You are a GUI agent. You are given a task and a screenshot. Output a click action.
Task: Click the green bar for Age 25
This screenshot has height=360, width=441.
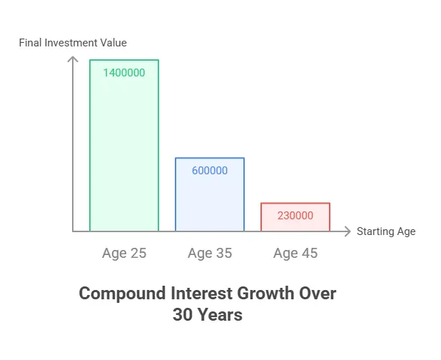coord(124,150)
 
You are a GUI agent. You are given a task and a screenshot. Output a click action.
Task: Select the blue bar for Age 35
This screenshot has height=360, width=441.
coord(210,200)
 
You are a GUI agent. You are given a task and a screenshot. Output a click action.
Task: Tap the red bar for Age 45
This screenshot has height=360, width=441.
coord(295,217)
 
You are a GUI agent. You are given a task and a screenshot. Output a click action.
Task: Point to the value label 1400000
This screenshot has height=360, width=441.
coord(124,72)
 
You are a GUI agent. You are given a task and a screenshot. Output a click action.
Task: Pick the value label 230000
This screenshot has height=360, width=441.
coord(295,215)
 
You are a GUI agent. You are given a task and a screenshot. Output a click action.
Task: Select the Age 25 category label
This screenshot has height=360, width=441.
coord(124,253)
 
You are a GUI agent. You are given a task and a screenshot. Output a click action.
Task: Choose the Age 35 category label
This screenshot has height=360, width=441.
coord(210,253)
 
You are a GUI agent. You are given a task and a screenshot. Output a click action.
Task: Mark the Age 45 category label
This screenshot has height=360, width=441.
coord(295,253)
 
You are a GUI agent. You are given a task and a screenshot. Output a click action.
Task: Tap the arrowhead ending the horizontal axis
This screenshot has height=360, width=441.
coord(348,231)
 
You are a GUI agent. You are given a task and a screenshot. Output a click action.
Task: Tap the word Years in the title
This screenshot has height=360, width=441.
coord(220,314)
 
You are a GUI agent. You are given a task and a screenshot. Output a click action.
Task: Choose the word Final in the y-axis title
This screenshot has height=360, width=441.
coord(31,43)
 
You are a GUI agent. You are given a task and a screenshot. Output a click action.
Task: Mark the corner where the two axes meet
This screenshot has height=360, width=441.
coord(73,231)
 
